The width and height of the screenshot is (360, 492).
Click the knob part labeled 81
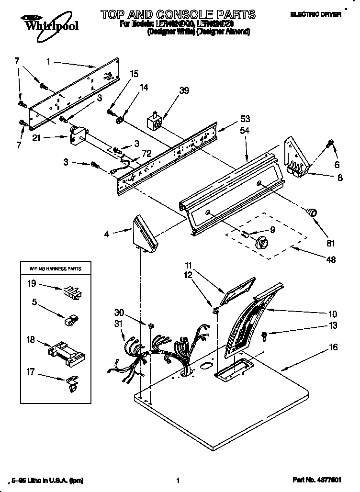(x=312, y=212)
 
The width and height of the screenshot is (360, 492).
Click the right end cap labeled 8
(x=296, y=158)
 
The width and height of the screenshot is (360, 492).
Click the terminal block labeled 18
(x=67, y=352)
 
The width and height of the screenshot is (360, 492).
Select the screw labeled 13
(x=264, y=336)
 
